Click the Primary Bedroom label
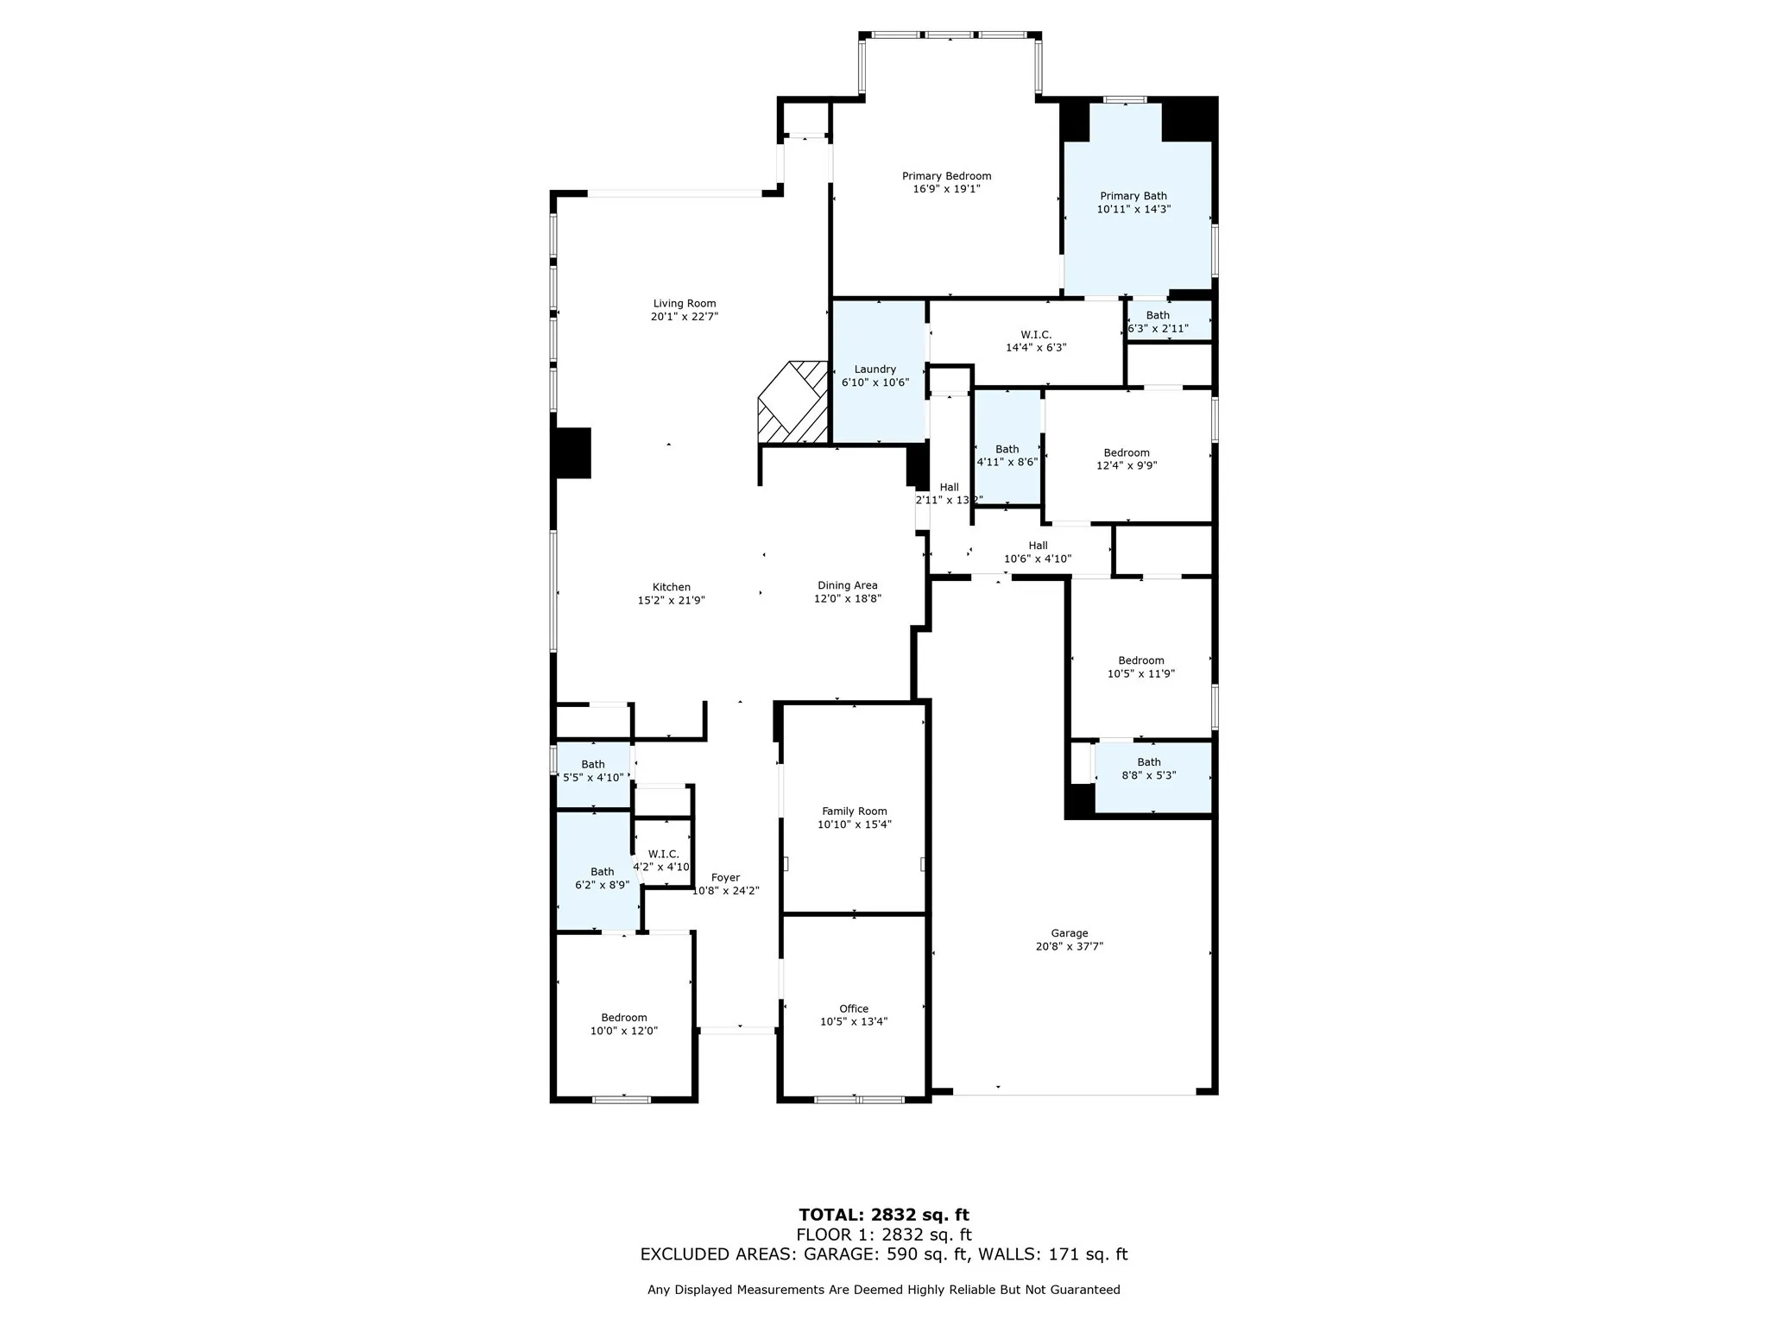pos(946,176)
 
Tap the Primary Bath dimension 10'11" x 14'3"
pos(1133,209)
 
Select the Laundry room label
pos(875,369)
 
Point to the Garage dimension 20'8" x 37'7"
pos(1069,946)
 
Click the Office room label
pos(853,1008)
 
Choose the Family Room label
pos(854,811)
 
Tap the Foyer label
pos(725,878)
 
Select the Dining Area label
pos(847,585)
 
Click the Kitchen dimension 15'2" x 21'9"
pos(671,600)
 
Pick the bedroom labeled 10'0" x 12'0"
pos(623,1024)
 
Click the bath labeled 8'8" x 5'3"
pos(1148,768)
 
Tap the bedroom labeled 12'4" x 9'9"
pos(1126,459)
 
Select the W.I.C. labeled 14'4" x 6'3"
pos(1035,341)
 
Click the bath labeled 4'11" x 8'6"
pos(1007,456)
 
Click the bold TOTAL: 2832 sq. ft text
pos(883,1215)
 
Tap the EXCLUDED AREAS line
pos(883,1254)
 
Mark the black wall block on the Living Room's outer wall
pos(571,452)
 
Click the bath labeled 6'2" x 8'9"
pos(602,878)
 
